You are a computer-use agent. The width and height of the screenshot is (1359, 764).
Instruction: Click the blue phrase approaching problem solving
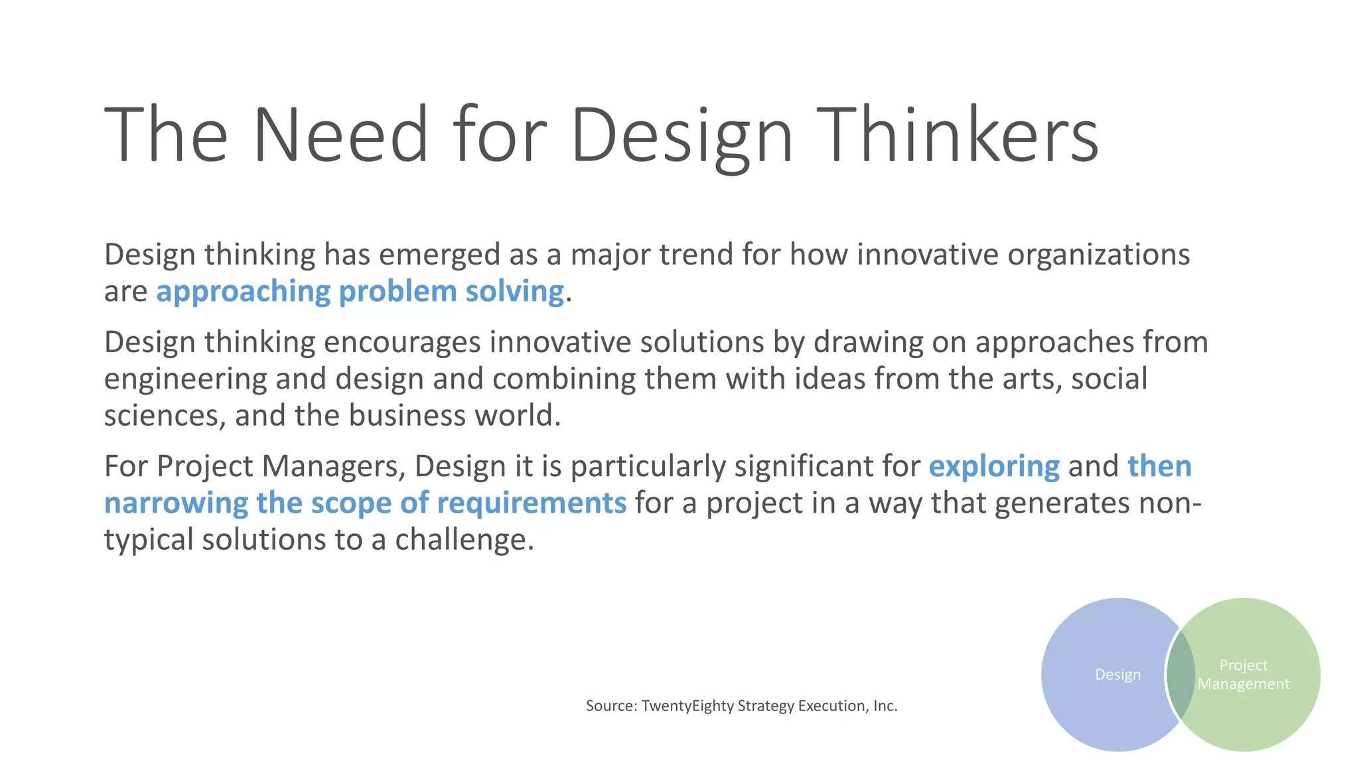pyautogui.click(x=360, y=292)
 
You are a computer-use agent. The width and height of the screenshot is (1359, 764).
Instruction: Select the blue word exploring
pyautogui.click(x=993, y=467)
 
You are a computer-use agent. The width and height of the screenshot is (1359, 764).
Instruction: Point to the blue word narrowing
pyautogui.click(x=176, y=503)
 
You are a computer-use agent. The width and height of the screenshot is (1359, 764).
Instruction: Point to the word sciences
pyautogui.click(x=165, y=416)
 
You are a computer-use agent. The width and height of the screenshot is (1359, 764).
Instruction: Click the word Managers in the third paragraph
pyautogui.click(x=334, y=467)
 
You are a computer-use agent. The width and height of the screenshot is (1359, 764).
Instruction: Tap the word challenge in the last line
pyautogui.click(x=464, y=540)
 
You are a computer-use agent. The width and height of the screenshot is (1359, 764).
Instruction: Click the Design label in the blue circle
pyautogui.click(x=1117, y=674)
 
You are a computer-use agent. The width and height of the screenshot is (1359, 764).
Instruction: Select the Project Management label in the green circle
pyautogui.click(x=1244, y=674)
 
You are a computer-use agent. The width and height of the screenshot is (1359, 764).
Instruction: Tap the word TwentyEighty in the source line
pyautogui.click(x=684, y=706)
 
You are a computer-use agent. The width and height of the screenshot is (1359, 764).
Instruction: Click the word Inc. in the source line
pyautogui.click(x=885, y=706)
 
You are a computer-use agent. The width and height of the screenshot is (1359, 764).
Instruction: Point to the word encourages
pyautogui.click(x=402, y=343)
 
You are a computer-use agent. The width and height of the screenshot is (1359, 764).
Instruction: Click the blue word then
pyautogui.click(x=1159, y=467)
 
